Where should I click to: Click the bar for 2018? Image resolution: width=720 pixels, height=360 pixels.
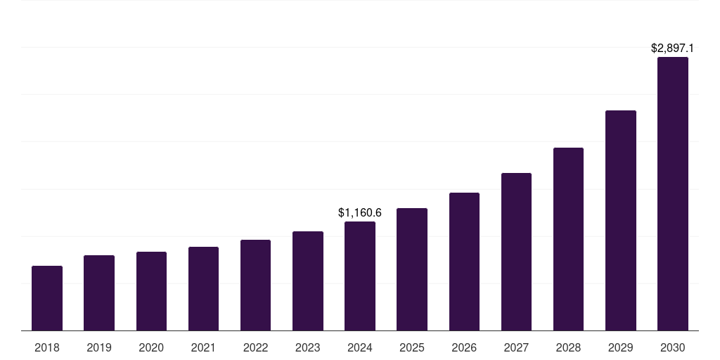tap(47, 298)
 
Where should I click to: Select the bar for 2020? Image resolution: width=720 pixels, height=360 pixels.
tap(151, 291)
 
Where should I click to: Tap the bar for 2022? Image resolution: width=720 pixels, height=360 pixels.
tap(255, 285)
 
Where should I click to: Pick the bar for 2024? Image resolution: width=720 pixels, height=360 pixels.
tap(360, 276)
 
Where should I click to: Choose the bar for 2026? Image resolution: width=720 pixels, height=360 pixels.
tap(464, 262)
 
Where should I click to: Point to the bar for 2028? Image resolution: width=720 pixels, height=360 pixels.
tap(568, 239)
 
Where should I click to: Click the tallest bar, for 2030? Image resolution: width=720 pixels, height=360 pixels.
tap(673, 193)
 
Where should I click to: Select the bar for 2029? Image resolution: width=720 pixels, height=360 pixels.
tap(621, 220)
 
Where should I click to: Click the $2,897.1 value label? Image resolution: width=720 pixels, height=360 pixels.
tap(673, 49)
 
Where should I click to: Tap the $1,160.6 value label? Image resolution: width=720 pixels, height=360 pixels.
tap(360, 212)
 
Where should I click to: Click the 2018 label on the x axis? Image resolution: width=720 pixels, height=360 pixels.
tap(47, 347)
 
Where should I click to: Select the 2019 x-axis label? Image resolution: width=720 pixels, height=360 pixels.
tap(99, 347)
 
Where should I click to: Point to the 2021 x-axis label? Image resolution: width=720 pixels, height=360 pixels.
tap(203, 347)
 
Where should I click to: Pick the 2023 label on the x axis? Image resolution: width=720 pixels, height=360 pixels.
tap(308, 347)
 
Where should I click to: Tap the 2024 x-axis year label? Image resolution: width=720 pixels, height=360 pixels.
tap(360, 347)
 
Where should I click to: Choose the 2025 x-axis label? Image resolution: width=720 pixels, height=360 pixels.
tap(412, 347)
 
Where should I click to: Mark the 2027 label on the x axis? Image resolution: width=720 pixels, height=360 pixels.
tap(516, 347)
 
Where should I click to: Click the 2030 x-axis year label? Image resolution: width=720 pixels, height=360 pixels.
tap(673, 347)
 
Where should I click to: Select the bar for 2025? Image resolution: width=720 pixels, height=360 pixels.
tap(412, 269)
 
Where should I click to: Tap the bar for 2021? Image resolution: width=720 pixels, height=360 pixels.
tap(203, 288)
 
